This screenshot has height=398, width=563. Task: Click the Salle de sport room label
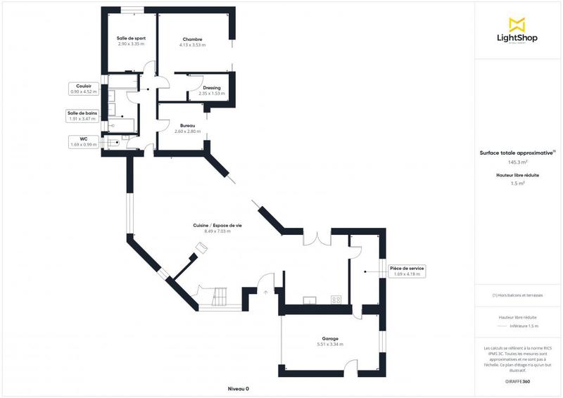click(x=131, y=39)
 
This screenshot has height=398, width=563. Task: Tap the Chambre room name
click(x=192, y=39)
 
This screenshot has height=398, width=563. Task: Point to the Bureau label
click(x=187, y=126)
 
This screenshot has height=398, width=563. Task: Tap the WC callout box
click(x=83, y=142)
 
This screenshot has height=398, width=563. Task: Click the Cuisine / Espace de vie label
click(x=217, y=225)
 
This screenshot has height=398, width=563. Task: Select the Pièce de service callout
click(x=407, y=271)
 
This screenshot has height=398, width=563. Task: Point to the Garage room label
click(x=330, y=339)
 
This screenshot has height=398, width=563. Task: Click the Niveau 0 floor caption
click(x=239, y=388)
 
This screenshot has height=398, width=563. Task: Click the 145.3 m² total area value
click(x=519, y=162)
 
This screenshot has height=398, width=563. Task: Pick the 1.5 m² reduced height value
click(x=519, y=184)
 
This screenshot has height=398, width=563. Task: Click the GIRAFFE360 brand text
click(x=518, y=381)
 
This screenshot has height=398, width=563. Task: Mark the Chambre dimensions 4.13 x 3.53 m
click(x=192, y=44)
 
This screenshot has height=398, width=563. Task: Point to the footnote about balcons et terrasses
click(x=519, y=295)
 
